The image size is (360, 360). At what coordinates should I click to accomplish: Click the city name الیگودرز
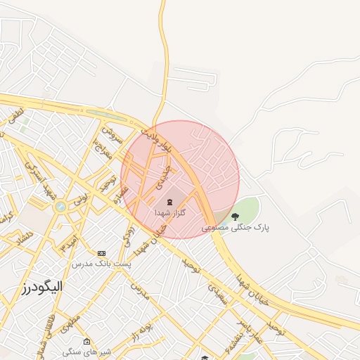(x=41, y=287)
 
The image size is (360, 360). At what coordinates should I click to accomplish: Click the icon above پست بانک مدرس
(x=102, y=252)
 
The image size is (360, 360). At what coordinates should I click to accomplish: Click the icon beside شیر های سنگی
(x=86, y=341)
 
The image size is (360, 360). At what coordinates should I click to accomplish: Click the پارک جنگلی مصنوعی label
(x=236, y=227)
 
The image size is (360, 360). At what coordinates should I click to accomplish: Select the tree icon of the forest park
(x=235, y=216)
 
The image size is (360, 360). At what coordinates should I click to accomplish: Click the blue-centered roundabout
(x=60, y=207)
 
